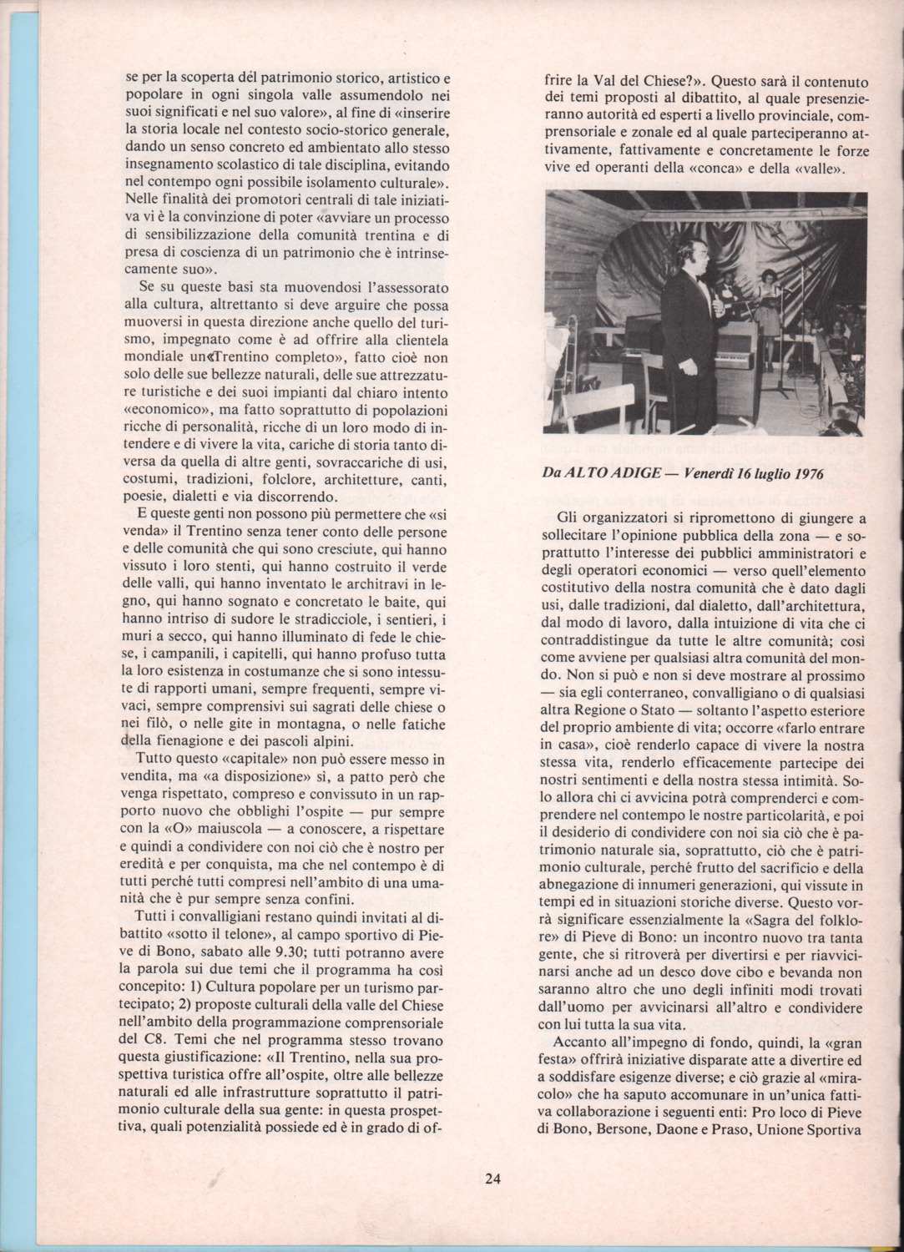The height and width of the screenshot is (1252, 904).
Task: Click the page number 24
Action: click(492, 1179)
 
